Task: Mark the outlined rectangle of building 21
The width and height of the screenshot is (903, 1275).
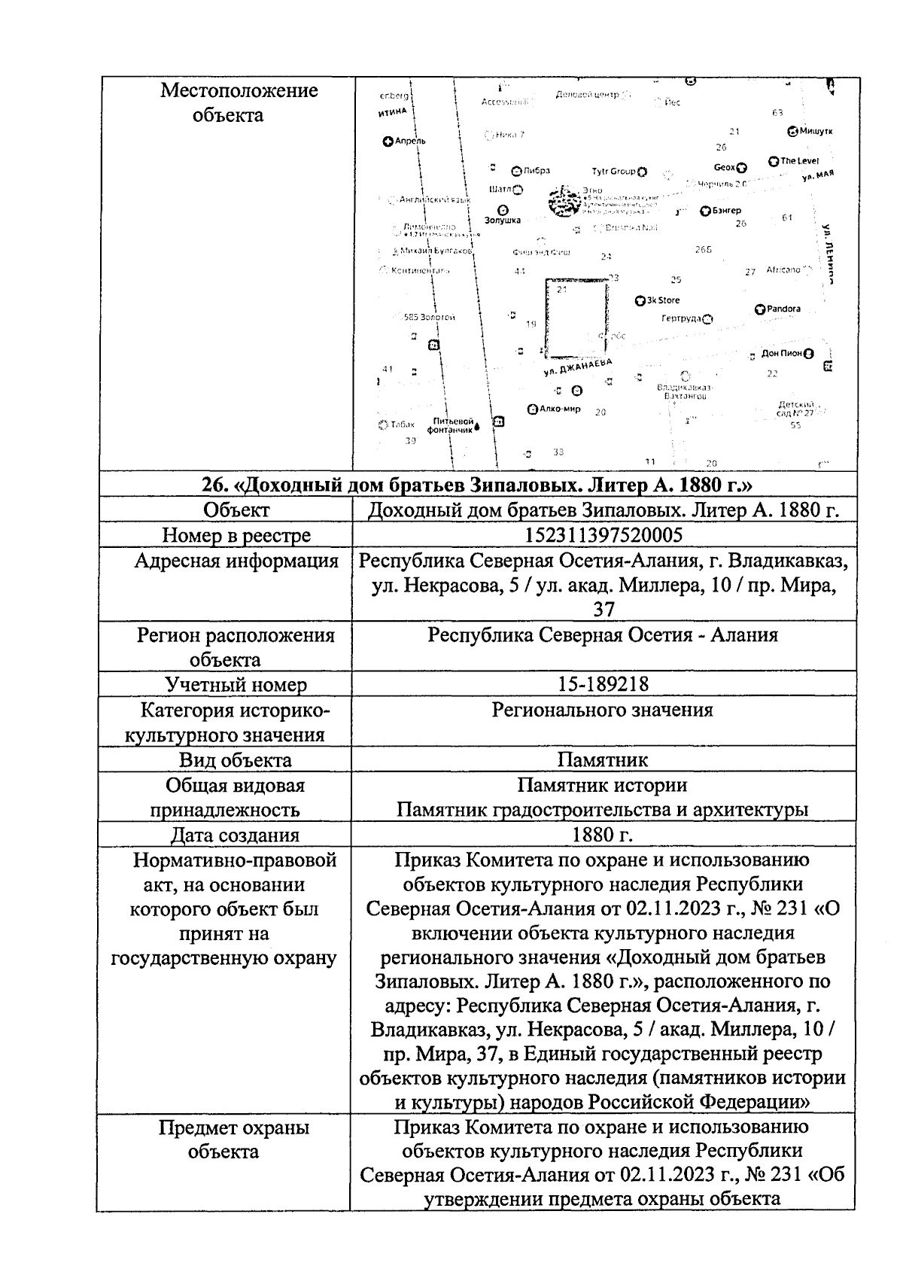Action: (576, 318)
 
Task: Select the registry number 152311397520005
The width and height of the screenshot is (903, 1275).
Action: (602, 535)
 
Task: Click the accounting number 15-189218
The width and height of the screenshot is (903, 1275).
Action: (603, 683)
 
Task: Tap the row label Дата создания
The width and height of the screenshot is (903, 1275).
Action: (235, 835)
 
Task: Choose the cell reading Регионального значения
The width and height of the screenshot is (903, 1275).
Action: (602, 710)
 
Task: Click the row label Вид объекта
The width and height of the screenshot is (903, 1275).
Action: (235, 759)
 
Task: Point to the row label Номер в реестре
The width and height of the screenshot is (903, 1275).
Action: (236, 535)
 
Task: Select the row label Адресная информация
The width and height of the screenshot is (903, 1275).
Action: (236, 561)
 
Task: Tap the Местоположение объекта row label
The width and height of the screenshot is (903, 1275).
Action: (239, 102)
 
